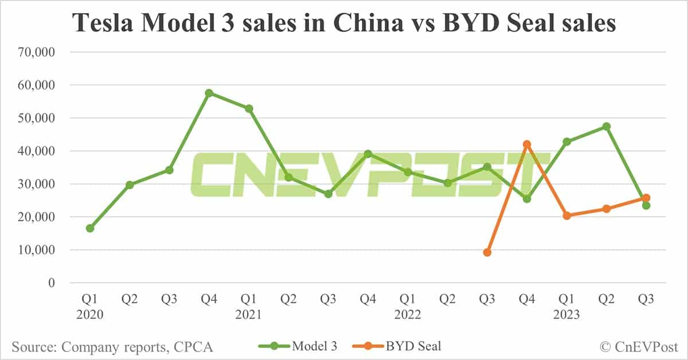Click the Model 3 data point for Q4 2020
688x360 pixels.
click(x=209, y=93)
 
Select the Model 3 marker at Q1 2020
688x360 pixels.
click(x=90, y=228)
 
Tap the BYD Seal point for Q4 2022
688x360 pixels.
click(x=527, y=144)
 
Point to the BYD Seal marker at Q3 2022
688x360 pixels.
click(x=487, y=252)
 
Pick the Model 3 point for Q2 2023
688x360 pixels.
click(x=607, y=126)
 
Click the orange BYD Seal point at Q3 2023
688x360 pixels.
click(x=646, y=198)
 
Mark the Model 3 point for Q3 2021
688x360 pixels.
click(x=329, y=194)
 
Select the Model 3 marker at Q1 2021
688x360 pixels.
click(x=249, y=108)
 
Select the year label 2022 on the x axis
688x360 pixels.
click(x=408, y=315)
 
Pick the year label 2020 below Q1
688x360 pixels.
click(x=90, y=315)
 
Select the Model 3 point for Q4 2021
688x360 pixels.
click(x=368, y=154)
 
